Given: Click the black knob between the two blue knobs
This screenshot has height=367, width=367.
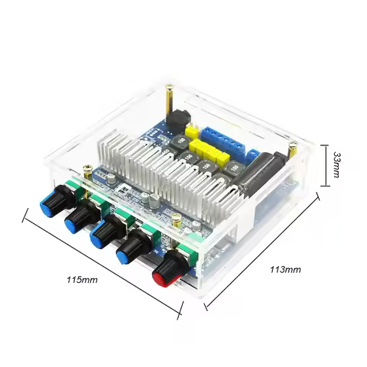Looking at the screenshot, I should [77, 219].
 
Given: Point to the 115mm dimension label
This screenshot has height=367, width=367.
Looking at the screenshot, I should [83, 280].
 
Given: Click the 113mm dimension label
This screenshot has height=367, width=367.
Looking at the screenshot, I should [285, 269].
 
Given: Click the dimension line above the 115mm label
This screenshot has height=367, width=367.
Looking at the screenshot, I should [103, 265].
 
